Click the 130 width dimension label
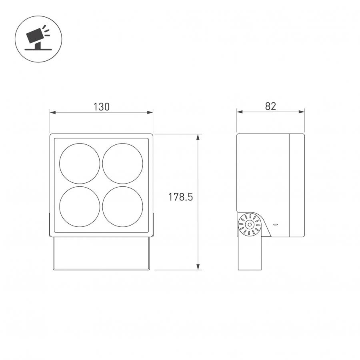pyautogui.click(x=101, y=107)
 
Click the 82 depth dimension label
pyautogui.click(x=270, y=106)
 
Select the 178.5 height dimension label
pyautogui.click(x=180, y=197)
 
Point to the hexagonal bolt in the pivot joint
pyautogui.click(x=249, y=224)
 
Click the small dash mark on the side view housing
pyautogui.click(x=276, y=224)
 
